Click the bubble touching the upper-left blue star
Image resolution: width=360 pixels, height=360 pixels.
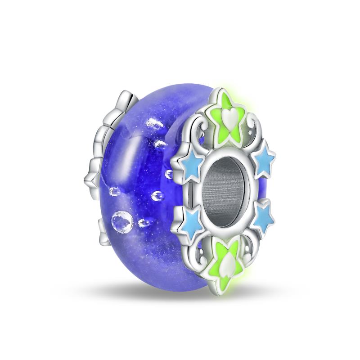tap(170, 173)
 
